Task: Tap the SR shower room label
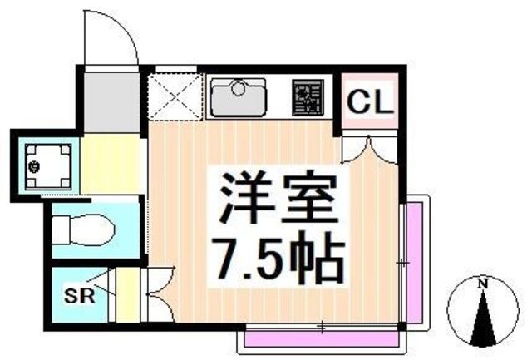pos(80,295)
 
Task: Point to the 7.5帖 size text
pos(279,258)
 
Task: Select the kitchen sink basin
pos(239,97)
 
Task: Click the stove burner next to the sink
pos(308,98)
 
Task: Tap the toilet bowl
pos(84,229)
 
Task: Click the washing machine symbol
pos(48,166)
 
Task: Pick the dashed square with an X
pos(175,97)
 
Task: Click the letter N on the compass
pos(482,284)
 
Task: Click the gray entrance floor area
pos(111,102)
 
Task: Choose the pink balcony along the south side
pos(322,338)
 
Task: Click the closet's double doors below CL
pos(369,150)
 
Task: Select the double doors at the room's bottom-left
pos(160,294)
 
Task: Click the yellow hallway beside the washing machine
pos(111,164)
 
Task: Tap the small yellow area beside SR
pos(127,295)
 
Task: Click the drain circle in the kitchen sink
pos(238,89)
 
